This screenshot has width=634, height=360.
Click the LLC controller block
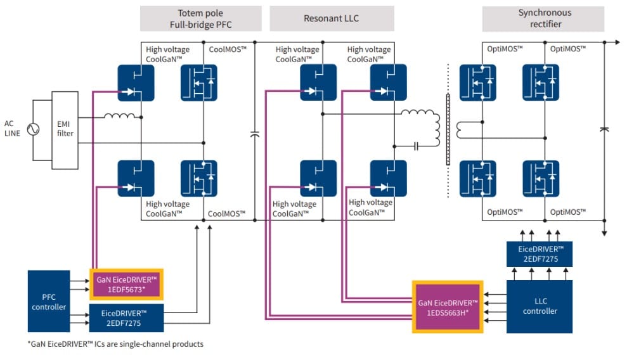click(x=540, y=306)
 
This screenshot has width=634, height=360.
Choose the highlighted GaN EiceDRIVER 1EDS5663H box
click(x=448, y=307)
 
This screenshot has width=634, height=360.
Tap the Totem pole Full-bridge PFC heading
click(x=200, y=18)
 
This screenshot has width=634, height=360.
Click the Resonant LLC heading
click(x=332, y=18)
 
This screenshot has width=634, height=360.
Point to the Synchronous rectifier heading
click(x=543, y=18)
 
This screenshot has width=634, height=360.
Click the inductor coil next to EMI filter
click(x=119, y=116)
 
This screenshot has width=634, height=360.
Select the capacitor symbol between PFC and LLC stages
click(x=255, y=134)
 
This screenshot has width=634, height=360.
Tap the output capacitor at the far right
click(x=604, y=129)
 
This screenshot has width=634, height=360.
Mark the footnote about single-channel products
click(x=115, y=344)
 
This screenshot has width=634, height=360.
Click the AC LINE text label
click(x=13, y=128)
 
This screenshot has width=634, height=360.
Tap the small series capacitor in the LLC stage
click(x=416, y=146)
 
